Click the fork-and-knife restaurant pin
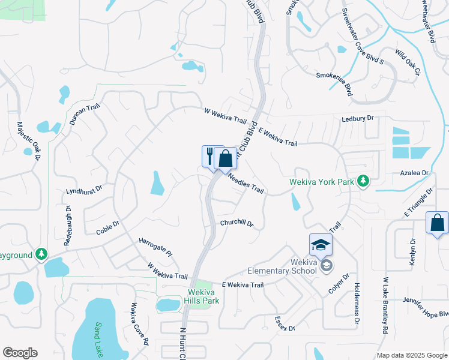tap(209, 157)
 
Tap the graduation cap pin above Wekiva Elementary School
tap(321, 245)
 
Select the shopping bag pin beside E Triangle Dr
tap(437, 223)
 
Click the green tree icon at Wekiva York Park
tap(363, 180)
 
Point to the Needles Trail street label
tap(246, 182)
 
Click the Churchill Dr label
tap(237, 223)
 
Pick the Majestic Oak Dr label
tap(28, 141)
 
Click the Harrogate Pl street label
tap(156, 245)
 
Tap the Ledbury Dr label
tap(357, 119)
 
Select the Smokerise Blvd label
tap(334, 83)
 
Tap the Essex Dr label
tap(285, 324)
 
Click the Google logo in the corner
tap(20, 352)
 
